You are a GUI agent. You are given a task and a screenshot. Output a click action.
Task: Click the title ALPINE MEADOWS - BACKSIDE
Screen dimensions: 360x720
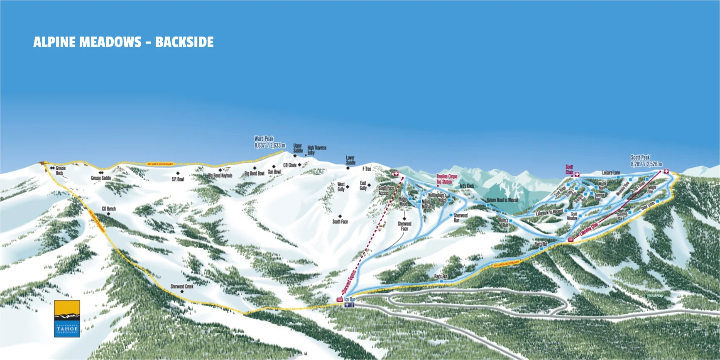(x=123, y=42)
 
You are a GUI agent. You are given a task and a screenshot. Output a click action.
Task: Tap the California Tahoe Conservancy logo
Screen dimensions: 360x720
(x=67, y=318)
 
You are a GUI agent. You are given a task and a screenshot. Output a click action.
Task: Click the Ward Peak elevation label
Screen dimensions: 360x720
(x=269, y=142)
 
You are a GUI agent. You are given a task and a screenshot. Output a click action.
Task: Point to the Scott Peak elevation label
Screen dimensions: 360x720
(x=646, y=161)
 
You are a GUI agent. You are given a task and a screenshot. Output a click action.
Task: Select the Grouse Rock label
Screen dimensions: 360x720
(x=60, y=170)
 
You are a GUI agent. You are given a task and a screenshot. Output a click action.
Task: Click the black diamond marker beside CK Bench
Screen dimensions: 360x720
(x=109, y=214)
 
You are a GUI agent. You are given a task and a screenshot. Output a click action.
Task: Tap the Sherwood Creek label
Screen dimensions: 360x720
(x=182, y=286)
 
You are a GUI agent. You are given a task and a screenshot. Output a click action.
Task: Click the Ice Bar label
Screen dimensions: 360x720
(x=350, y=299)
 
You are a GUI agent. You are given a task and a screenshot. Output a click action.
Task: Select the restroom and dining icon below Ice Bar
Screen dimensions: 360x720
(x=350, y=305)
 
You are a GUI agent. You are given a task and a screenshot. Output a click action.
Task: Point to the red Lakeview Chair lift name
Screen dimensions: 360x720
(x=589, y=230)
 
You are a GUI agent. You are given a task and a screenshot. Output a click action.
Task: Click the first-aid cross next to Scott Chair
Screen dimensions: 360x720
(x=577, y=174)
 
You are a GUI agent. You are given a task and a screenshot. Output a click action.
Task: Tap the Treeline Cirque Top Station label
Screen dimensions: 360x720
(x=446, y=179)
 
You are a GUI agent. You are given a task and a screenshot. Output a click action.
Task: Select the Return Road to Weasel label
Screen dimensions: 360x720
(x=502, y=200)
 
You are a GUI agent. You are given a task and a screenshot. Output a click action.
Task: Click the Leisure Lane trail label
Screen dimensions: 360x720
(x=611, y=172)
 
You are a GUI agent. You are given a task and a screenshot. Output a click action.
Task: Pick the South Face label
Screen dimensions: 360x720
(x=340, y=221)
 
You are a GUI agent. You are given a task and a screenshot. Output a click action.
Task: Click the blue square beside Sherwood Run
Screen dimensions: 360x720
(x=451, y=215)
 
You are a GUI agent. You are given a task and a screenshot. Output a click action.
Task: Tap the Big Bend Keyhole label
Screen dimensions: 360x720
(x=220, y=176)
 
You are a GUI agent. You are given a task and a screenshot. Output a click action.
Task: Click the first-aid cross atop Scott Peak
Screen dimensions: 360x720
(x=666, y=171)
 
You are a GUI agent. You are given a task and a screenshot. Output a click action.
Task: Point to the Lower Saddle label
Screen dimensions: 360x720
(x=350, y=160)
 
